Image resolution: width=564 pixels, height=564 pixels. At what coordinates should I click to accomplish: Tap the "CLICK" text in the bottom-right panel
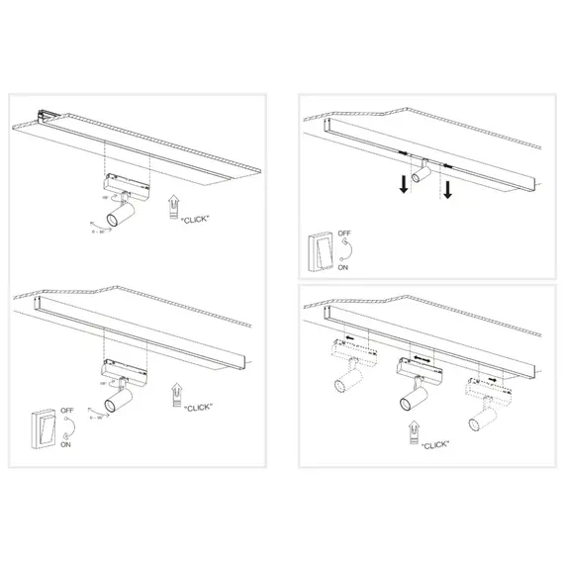coord(432,444)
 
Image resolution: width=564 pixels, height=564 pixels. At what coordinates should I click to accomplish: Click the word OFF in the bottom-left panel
coord(67,410)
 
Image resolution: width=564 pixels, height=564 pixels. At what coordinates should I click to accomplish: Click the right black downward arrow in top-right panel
coord(447,188)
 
